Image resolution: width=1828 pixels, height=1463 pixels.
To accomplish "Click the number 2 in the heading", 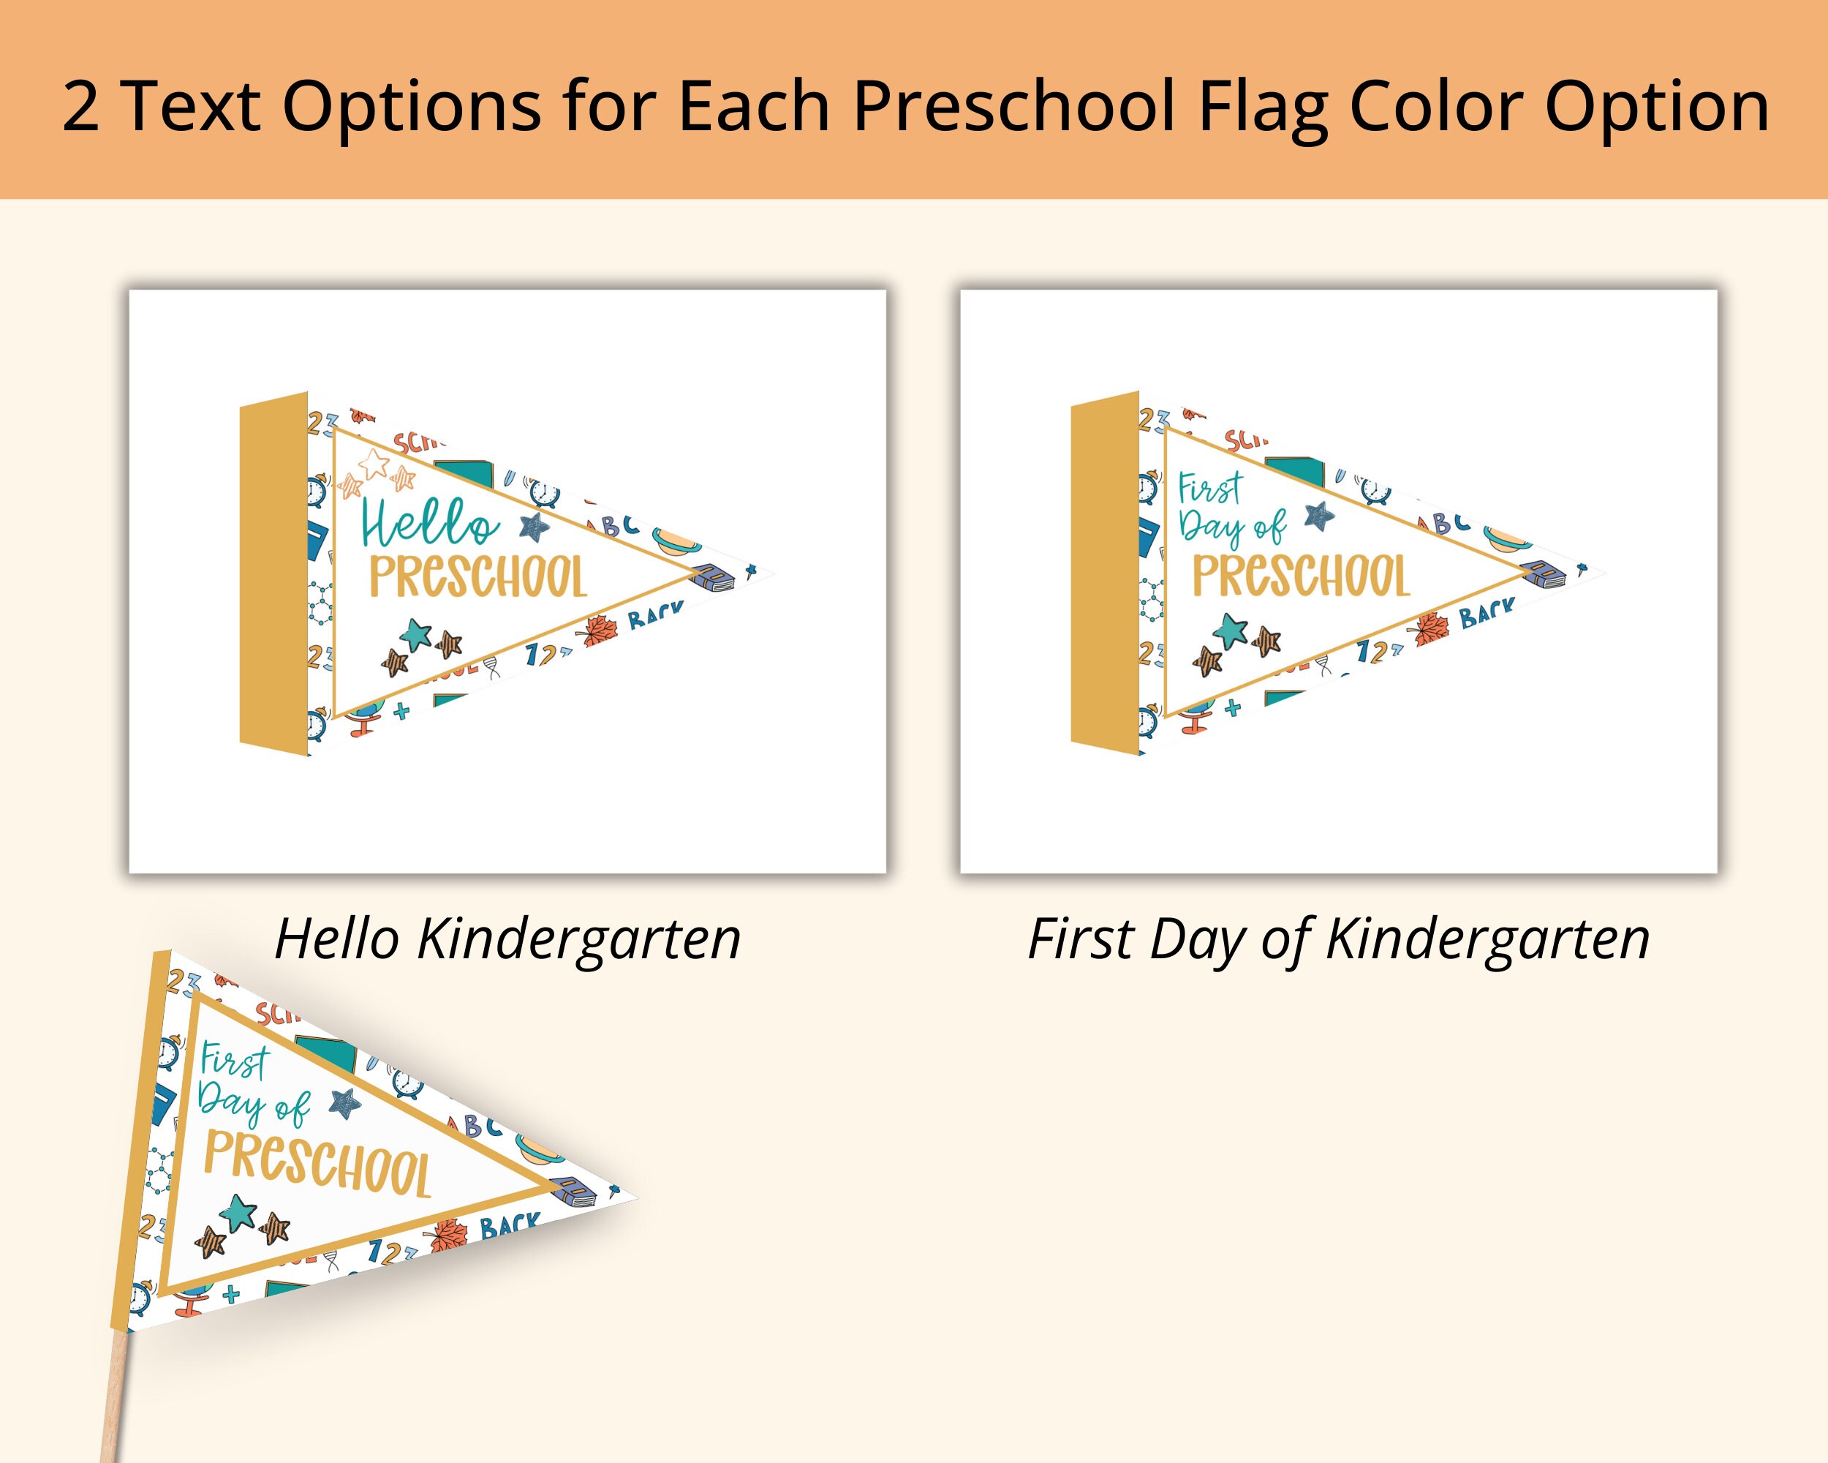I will tap(80, 106).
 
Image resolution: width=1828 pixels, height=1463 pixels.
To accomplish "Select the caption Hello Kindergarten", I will tap(507, 939).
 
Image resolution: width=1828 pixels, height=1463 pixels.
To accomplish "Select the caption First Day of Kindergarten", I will tap(1338, 939).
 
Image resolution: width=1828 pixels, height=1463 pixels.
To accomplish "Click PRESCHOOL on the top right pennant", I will tap(1301, 576).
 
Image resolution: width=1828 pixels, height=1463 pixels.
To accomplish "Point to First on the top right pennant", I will tap(1210, 489).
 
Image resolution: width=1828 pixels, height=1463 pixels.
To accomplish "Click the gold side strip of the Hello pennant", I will tap(273, 573).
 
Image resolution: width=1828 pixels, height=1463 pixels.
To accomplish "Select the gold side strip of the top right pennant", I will tap(1104, 573).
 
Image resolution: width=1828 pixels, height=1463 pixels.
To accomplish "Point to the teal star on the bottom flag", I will tap(238, 1213).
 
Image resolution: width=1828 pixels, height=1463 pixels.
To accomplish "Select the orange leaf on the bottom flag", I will tap(448, 1236).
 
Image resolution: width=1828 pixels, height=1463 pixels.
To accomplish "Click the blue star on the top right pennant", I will tap(1319, 515).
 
